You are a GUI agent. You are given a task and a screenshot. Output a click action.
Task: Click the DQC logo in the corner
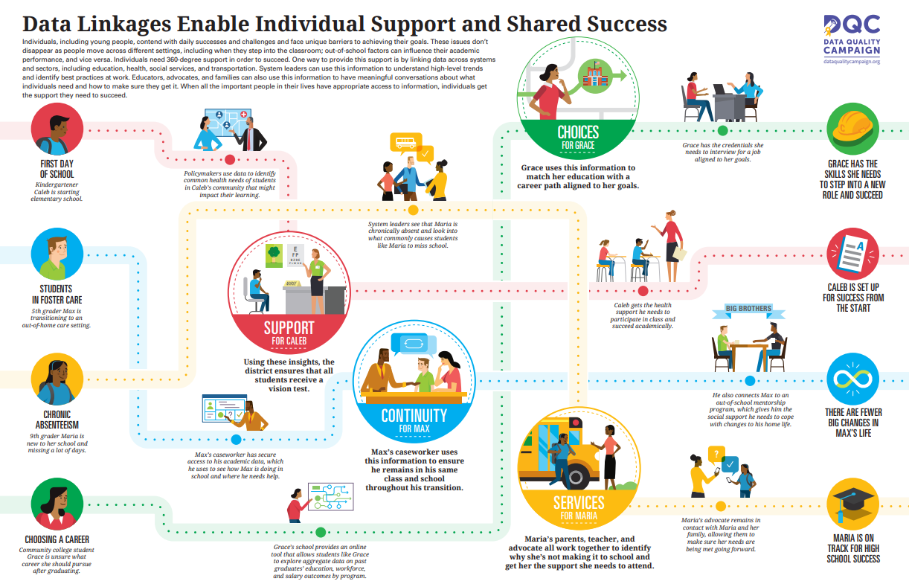852,27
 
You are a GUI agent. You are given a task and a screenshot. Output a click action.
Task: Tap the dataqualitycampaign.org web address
852,62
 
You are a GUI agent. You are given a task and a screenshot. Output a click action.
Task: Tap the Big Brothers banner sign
748,308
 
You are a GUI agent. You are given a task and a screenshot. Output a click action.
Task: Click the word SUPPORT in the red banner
289,328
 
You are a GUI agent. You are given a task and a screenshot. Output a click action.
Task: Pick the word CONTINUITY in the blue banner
414,415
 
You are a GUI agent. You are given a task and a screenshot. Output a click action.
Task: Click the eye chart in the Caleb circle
295,255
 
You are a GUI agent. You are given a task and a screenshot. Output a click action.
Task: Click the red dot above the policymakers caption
230,158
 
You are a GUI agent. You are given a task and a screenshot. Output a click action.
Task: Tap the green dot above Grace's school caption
321,532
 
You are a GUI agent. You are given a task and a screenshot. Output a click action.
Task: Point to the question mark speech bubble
715,453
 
